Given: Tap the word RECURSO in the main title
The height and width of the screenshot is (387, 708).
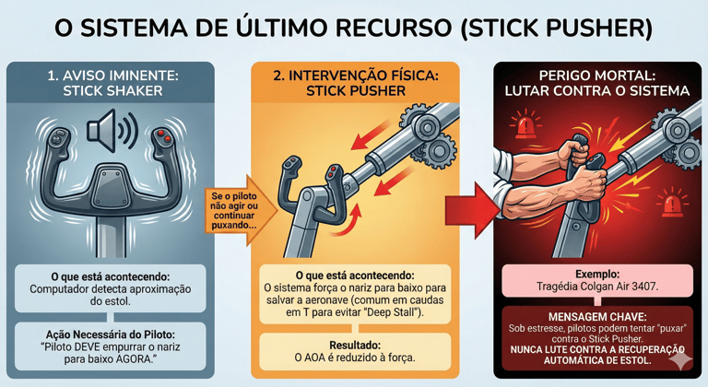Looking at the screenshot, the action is pos(386,28).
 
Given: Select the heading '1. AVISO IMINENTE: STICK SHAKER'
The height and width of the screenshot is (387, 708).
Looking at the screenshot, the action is pos(112,83).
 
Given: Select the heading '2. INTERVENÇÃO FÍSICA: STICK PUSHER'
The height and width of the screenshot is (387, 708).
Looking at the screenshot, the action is pos(355,83).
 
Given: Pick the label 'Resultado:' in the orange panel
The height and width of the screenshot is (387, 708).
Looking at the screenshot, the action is pos(355,346).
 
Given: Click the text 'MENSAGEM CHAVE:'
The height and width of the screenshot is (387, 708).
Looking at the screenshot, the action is pos(597,317).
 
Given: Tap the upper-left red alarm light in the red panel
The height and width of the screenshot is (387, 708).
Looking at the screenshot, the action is pos(525,125).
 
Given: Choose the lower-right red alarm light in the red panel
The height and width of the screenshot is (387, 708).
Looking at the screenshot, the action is pos(671,203).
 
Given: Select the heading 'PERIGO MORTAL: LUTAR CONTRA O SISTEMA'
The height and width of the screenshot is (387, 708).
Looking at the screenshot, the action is pos(597,83).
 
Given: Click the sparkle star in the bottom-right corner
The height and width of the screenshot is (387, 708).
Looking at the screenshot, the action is pos(680,360).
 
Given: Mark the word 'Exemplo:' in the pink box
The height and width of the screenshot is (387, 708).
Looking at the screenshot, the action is pos(597,274).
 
